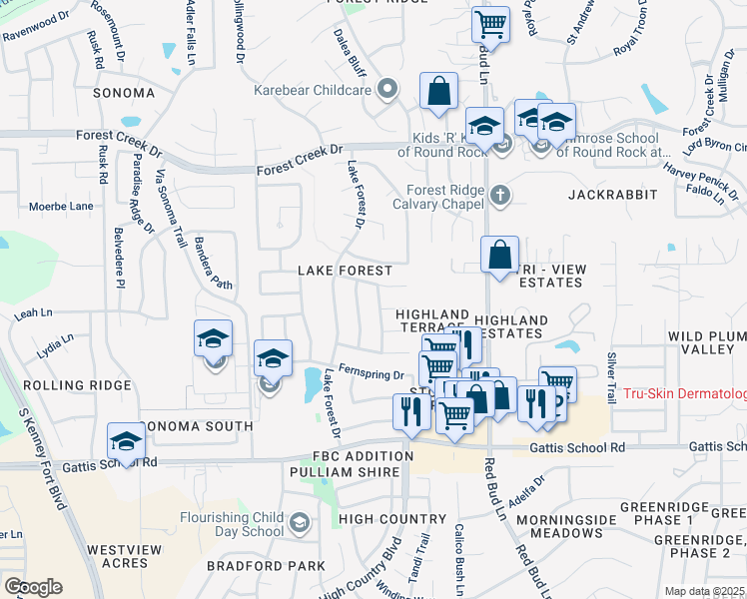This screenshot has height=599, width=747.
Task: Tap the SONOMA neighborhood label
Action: pos(124,93)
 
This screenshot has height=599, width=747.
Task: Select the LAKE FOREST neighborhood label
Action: pos(346,271)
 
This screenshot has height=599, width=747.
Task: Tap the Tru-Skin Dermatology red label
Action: pos(684,394)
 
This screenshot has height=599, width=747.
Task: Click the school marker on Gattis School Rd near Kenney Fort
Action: pos(127,441)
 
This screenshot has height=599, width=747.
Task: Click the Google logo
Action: pos(33,587)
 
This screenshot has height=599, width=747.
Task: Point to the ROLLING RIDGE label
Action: pos(77,385)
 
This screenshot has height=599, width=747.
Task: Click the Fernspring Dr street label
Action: pos(370,373)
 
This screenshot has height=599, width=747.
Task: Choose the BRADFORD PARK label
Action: pos(266,566)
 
